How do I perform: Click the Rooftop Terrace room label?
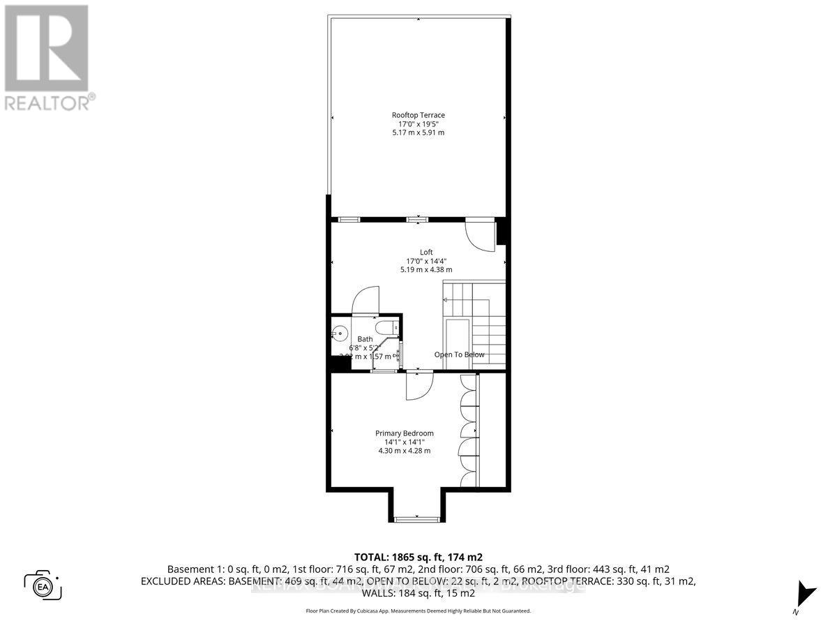[418, 115]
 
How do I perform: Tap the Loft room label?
[425, 252]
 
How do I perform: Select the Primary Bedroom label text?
[404, 433]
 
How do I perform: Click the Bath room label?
[365, 339]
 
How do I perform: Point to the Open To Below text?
[459, 354]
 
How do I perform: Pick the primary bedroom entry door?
[420, 386]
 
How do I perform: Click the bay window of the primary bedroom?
[416, 518]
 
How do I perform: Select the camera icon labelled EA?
[43, 584]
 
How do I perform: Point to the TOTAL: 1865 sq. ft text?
[418, 557]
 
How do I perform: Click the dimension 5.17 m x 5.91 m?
[418, 133]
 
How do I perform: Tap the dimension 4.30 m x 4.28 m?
[404, 451]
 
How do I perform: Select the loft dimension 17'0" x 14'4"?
[425, 261]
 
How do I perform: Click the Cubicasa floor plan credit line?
[418, 611]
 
